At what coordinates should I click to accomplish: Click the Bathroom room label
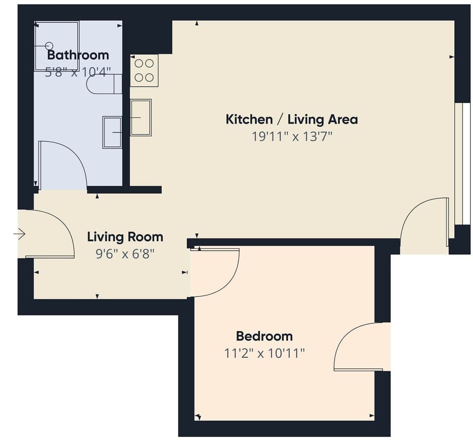[x=78, y=54]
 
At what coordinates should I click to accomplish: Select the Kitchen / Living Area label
[x=292, y=119]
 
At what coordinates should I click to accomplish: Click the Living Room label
[x=125, y=237]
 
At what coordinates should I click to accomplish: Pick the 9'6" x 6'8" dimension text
[x=125, y=254]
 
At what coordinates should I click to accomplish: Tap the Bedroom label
[x=264, y=336]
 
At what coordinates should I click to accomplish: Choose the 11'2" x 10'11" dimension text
[x=264, y=353]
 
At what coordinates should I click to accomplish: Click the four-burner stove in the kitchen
[x=144, y=70]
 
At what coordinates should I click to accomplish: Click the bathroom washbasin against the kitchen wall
[x=112, y=132]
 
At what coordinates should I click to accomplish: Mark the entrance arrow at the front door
[x=20, y=234]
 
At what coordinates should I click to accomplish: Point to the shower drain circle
[x=48, y=45]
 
